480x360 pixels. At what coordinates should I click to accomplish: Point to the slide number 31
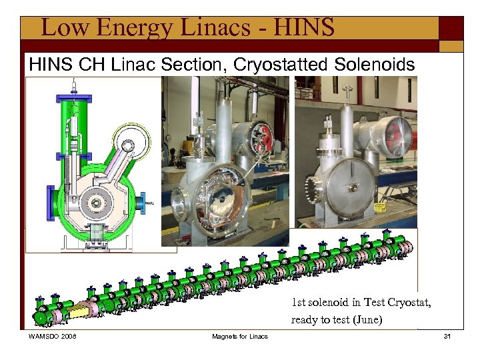(x=447, y=337)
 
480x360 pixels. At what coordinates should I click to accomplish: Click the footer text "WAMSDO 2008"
(x=53, y=337)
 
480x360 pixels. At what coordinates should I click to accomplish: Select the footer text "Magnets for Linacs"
(x=239, y=337)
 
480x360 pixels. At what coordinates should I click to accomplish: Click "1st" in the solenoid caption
(x=299, y=303)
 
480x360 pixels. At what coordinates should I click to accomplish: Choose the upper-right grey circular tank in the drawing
(x=134, y=143)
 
